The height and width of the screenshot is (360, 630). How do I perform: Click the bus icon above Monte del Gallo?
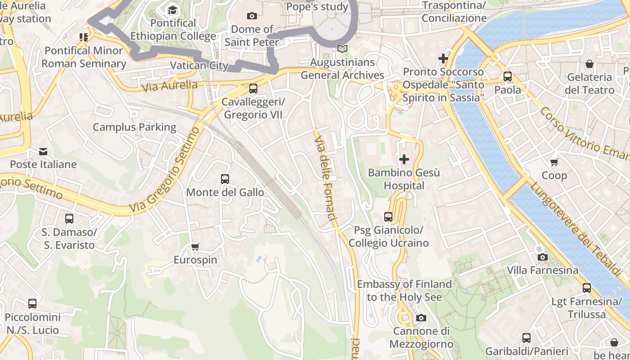point(225,179)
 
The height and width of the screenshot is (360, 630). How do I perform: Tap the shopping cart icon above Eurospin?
point(195,247)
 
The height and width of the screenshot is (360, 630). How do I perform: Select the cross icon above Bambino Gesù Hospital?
point(404,159)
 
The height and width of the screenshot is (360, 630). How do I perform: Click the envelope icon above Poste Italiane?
point(43,151)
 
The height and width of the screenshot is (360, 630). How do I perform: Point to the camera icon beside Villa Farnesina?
point(543,257)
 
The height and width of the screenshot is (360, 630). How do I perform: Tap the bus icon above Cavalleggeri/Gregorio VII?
point(253,89)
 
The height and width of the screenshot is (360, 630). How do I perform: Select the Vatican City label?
point(199,66)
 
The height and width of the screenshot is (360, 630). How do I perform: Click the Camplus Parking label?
point(135,127)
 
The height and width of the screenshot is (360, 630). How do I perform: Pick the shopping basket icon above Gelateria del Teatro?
point(589,64)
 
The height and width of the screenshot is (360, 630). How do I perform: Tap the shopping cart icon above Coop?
point(554,162)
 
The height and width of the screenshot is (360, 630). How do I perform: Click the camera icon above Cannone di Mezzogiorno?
point(421,318)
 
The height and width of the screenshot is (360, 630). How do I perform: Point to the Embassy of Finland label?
point(404,290)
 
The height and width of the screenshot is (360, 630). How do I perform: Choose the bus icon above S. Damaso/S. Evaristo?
point(69,219)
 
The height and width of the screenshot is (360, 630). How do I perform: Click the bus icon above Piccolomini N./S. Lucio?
point(32,304)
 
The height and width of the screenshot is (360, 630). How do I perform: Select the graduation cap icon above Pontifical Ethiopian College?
point(173,10)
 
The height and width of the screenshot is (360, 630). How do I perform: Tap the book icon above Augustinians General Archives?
point(342,49)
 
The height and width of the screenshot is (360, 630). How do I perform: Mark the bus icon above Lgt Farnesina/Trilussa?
point(587,288)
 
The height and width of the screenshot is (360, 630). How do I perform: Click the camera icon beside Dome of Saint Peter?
point(252,16)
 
